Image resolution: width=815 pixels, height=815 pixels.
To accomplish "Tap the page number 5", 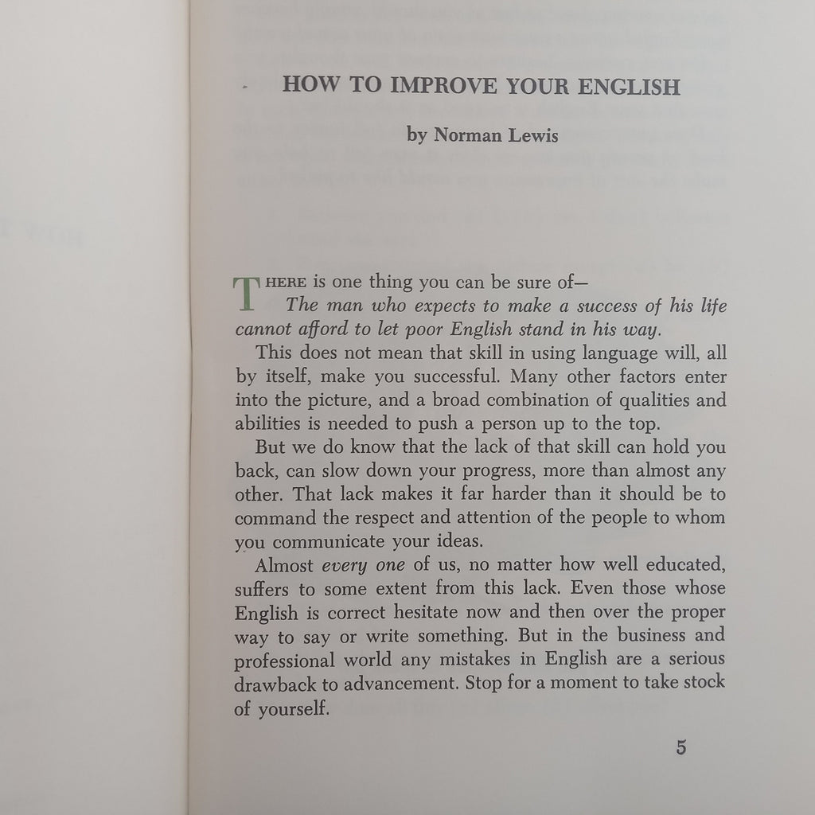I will click(680, 748).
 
